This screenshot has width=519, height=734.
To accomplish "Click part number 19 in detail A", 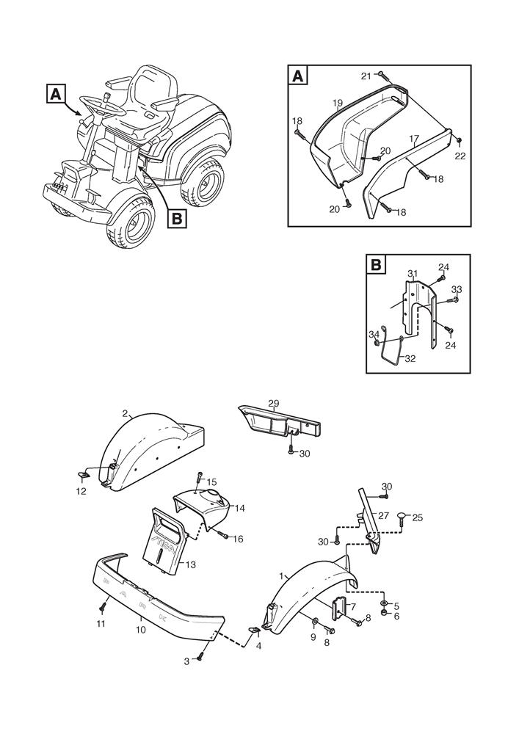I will click(x=336, y=103).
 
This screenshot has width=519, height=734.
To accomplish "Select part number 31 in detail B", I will click(x=413, y=274).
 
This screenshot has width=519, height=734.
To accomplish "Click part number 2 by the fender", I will click(x=125, y=413).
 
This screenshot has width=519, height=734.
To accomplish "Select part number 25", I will click(x=418, y=517).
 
